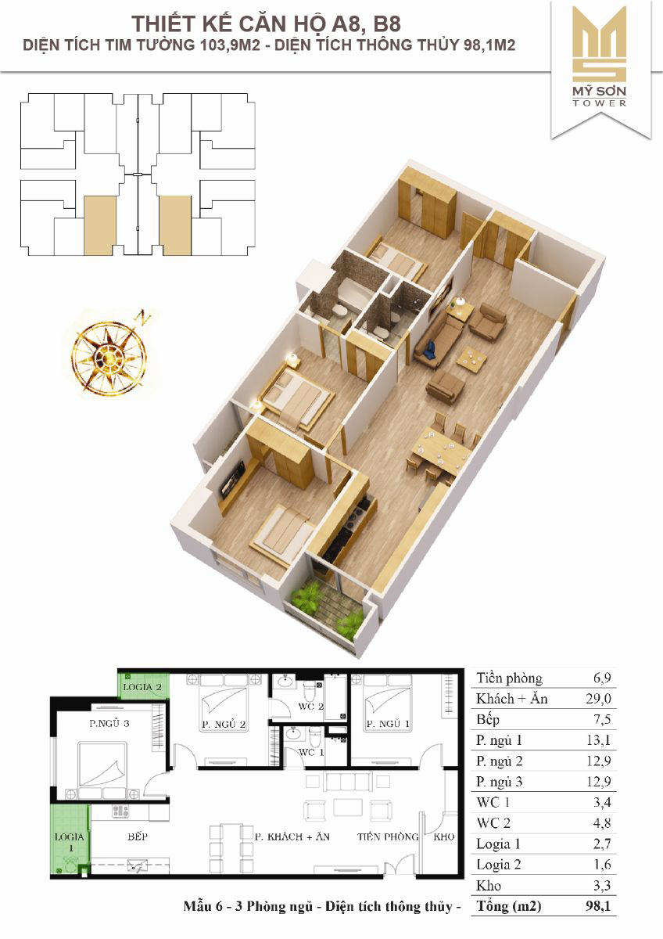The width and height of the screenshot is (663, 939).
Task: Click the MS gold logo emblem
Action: tap(600, 45)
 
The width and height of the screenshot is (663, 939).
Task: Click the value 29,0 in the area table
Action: tap(599, 698)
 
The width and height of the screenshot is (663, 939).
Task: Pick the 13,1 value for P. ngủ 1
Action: tap(599, 740)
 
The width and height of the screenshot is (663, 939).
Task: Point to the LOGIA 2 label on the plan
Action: tap(142, 687)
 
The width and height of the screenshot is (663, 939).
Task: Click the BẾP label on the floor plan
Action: tap(138, 836)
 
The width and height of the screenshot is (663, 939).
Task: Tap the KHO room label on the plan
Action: tap(444, 836)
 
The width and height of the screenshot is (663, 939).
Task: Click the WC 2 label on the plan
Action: tap(310, 707)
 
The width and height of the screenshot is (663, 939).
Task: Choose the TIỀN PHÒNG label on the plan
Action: tap(388, 836)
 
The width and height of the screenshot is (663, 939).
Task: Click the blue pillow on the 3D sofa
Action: tap(431, 349)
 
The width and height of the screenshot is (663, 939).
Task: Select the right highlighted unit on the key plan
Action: tap(175, 225)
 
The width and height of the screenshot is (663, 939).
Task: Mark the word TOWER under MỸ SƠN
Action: tap(600, 103)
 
